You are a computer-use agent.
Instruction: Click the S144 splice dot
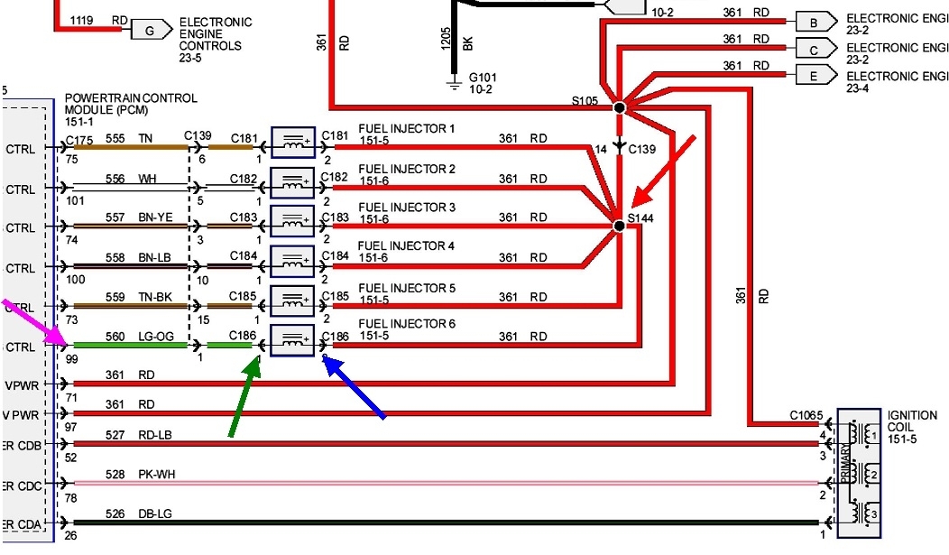(619, 225)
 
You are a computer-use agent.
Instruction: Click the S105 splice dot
(619, 107)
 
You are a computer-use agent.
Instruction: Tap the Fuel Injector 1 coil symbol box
(292, 142)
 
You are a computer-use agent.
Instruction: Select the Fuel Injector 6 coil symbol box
(292, 339)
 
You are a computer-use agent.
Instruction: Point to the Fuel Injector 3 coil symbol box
(292, 221)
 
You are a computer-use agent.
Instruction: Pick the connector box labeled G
(149, 30)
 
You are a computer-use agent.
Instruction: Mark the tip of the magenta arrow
(66, 345)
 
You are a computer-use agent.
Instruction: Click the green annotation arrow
(242, 397)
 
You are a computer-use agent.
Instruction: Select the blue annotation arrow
(355, 387)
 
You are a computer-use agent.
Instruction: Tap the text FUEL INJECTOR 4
(407, 246)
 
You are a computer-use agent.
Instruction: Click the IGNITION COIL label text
(912, 421)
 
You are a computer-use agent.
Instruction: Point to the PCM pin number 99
(71, 359)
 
